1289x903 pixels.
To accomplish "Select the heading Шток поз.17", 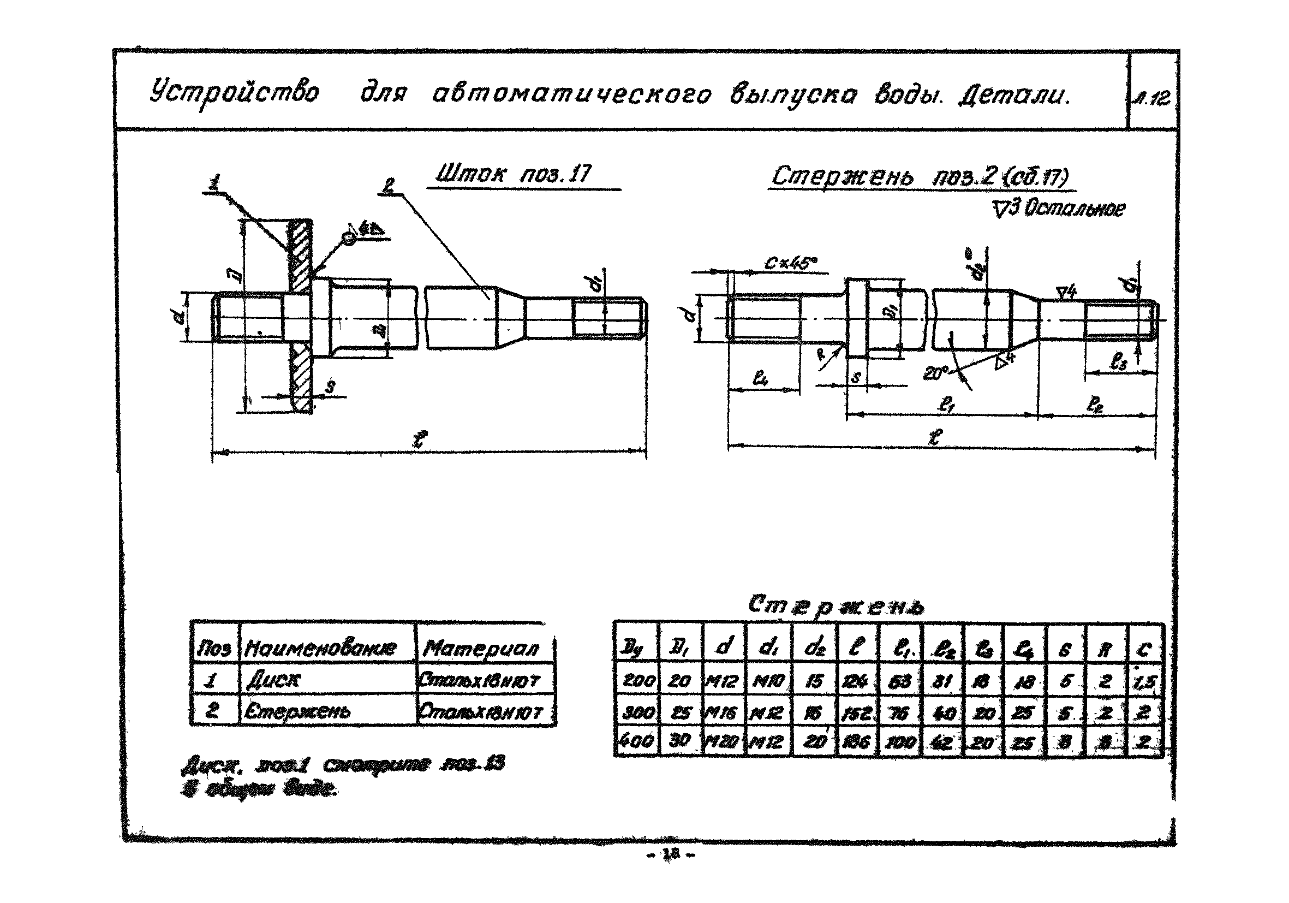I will [513, 174].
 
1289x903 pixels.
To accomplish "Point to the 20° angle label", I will [935, 372].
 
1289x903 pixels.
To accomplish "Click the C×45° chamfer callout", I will [790, 263].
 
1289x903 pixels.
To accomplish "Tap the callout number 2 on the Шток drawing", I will [389, 186].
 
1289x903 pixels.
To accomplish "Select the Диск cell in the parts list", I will [274, 681].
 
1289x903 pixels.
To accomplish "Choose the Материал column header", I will [481, 649].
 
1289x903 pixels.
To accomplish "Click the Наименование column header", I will [320, 649].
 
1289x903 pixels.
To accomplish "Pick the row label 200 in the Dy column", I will [638, 681].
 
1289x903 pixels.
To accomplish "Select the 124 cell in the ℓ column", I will [856, 681].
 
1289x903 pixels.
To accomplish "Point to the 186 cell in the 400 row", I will [857, 742].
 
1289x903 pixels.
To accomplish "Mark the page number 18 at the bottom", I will [671, 854].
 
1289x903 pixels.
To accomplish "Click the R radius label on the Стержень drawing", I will [821, 355].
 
